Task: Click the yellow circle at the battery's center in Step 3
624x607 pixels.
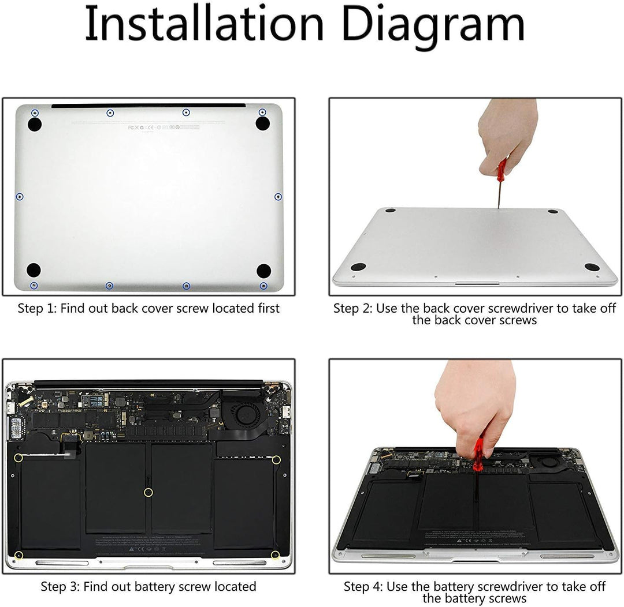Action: coord(148,492)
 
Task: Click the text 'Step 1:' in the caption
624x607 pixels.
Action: coord(37,309)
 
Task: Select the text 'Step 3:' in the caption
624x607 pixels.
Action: coord(60,587)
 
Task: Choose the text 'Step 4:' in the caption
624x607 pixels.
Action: coord(363,587)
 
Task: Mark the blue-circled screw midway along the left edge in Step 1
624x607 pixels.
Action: coord(20,197)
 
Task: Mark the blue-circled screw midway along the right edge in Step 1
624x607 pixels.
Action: coord(278,197)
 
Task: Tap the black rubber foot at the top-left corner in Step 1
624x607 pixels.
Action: coord(35,123)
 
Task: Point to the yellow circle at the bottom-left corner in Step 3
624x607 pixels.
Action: coord(18,555)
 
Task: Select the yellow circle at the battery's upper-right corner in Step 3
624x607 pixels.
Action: coord(276,459)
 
